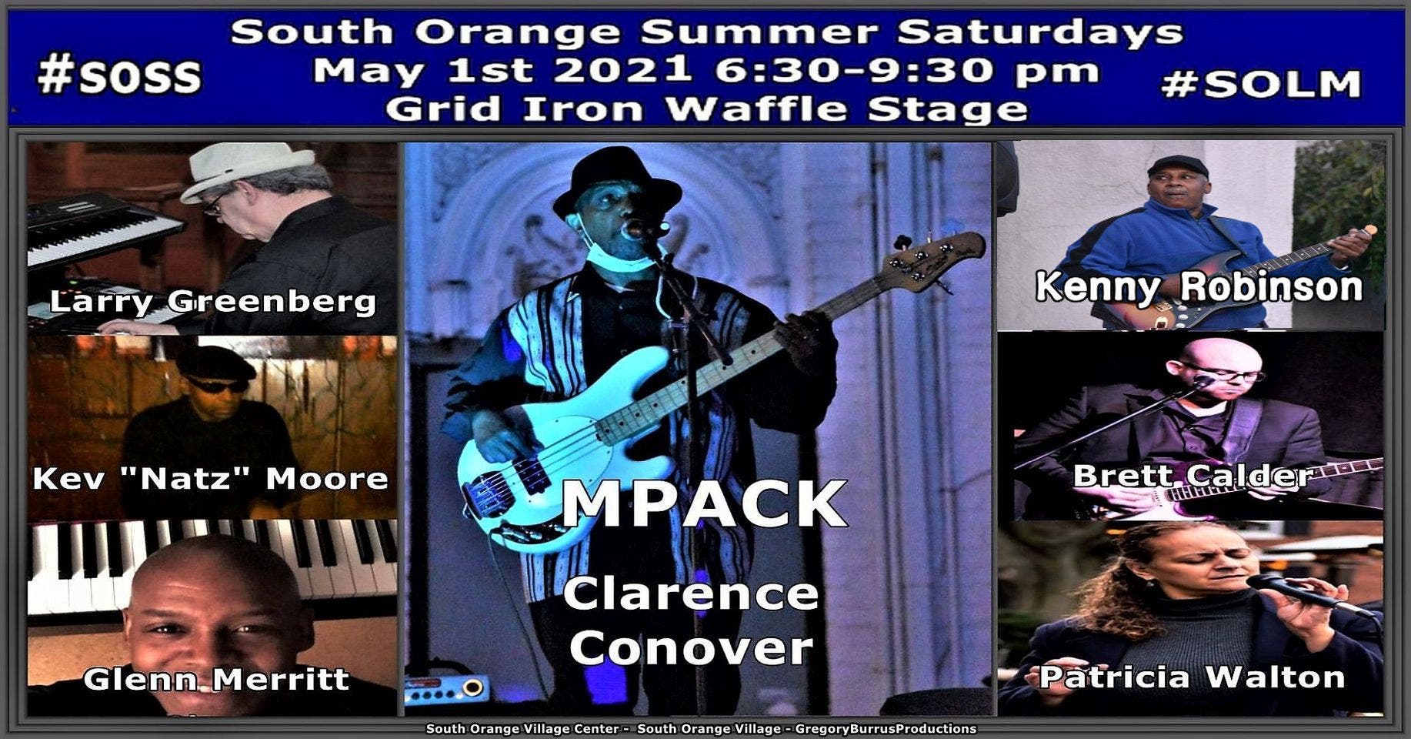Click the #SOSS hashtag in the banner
(x=119, y=77)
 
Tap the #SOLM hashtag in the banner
(x=1261, y=84)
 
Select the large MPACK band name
(x=704, y=503)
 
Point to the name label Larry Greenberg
(x=213, y=301)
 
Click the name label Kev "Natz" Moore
(x=211, y=479)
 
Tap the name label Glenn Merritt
(x=216, y=679)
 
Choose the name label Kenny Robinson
(x=1199, y=286)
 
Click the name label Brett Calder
(x=1193, y=475)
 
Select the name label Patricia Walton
(x=1192, y=677)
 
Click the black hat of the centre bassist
(x=616, y=181)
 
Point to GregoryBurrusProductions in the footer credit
(x=886, y=728)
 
